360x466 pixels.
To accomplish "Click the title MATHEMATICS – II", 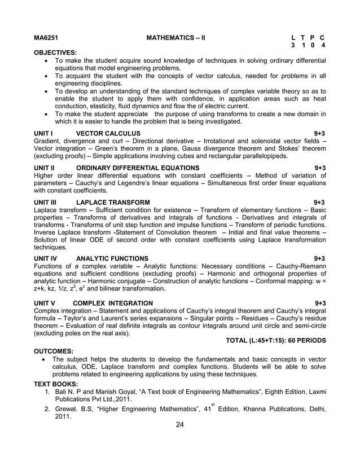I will tap(175, 38).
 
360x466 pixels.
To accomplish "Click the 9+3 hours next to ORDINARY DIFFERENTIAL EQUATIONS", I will tap(320, 168).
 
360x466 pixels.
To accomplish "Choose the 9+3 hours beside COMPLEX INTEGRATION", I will tap(320, 303).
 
